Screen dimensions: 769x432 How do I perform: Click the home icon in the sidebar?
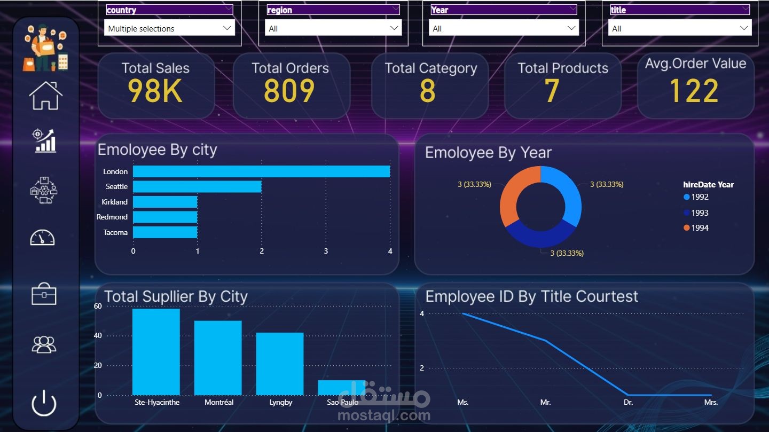[46, 96]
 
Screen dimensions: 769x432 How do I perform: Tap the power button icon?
[44, 403]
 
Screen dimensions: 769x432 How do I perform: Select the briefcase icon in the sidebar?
[44, 294]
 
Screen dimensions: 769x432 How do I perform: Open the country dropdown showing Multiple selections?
[170, 28]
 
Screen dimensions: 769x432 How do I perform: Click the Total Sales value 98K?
[155, 91]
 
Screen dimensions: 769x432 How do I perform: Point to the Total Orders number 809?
[289, 91]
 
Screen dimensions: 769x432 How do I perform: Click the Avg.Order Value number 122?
[694, 91]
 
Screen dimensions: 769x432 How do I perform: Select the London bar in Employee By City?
[261, 171]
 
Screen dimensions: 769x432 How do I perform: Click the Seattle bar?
[197, 186]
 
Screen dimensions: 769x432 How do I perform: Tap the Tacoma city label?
[115, 232]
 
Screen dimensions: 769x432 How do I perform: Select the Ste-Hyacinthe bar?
[156, 352]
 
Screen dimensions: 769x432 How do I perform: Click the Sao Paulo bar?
[342, 388]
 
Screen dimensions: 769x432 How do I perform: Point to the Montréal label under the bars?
[219, 402]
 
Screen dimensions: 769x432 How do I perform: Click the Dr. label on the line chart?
[628, 402]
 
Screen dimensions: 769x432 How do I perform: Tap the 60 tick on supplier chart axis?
[98, 306]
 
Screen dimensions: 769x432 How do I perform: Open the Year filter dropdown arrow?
[571, 28]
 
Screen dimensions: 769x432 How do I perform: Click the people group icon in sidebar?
[44, 344]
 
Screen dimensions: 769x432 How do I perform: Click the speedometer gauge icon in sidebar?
[42, 237]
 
